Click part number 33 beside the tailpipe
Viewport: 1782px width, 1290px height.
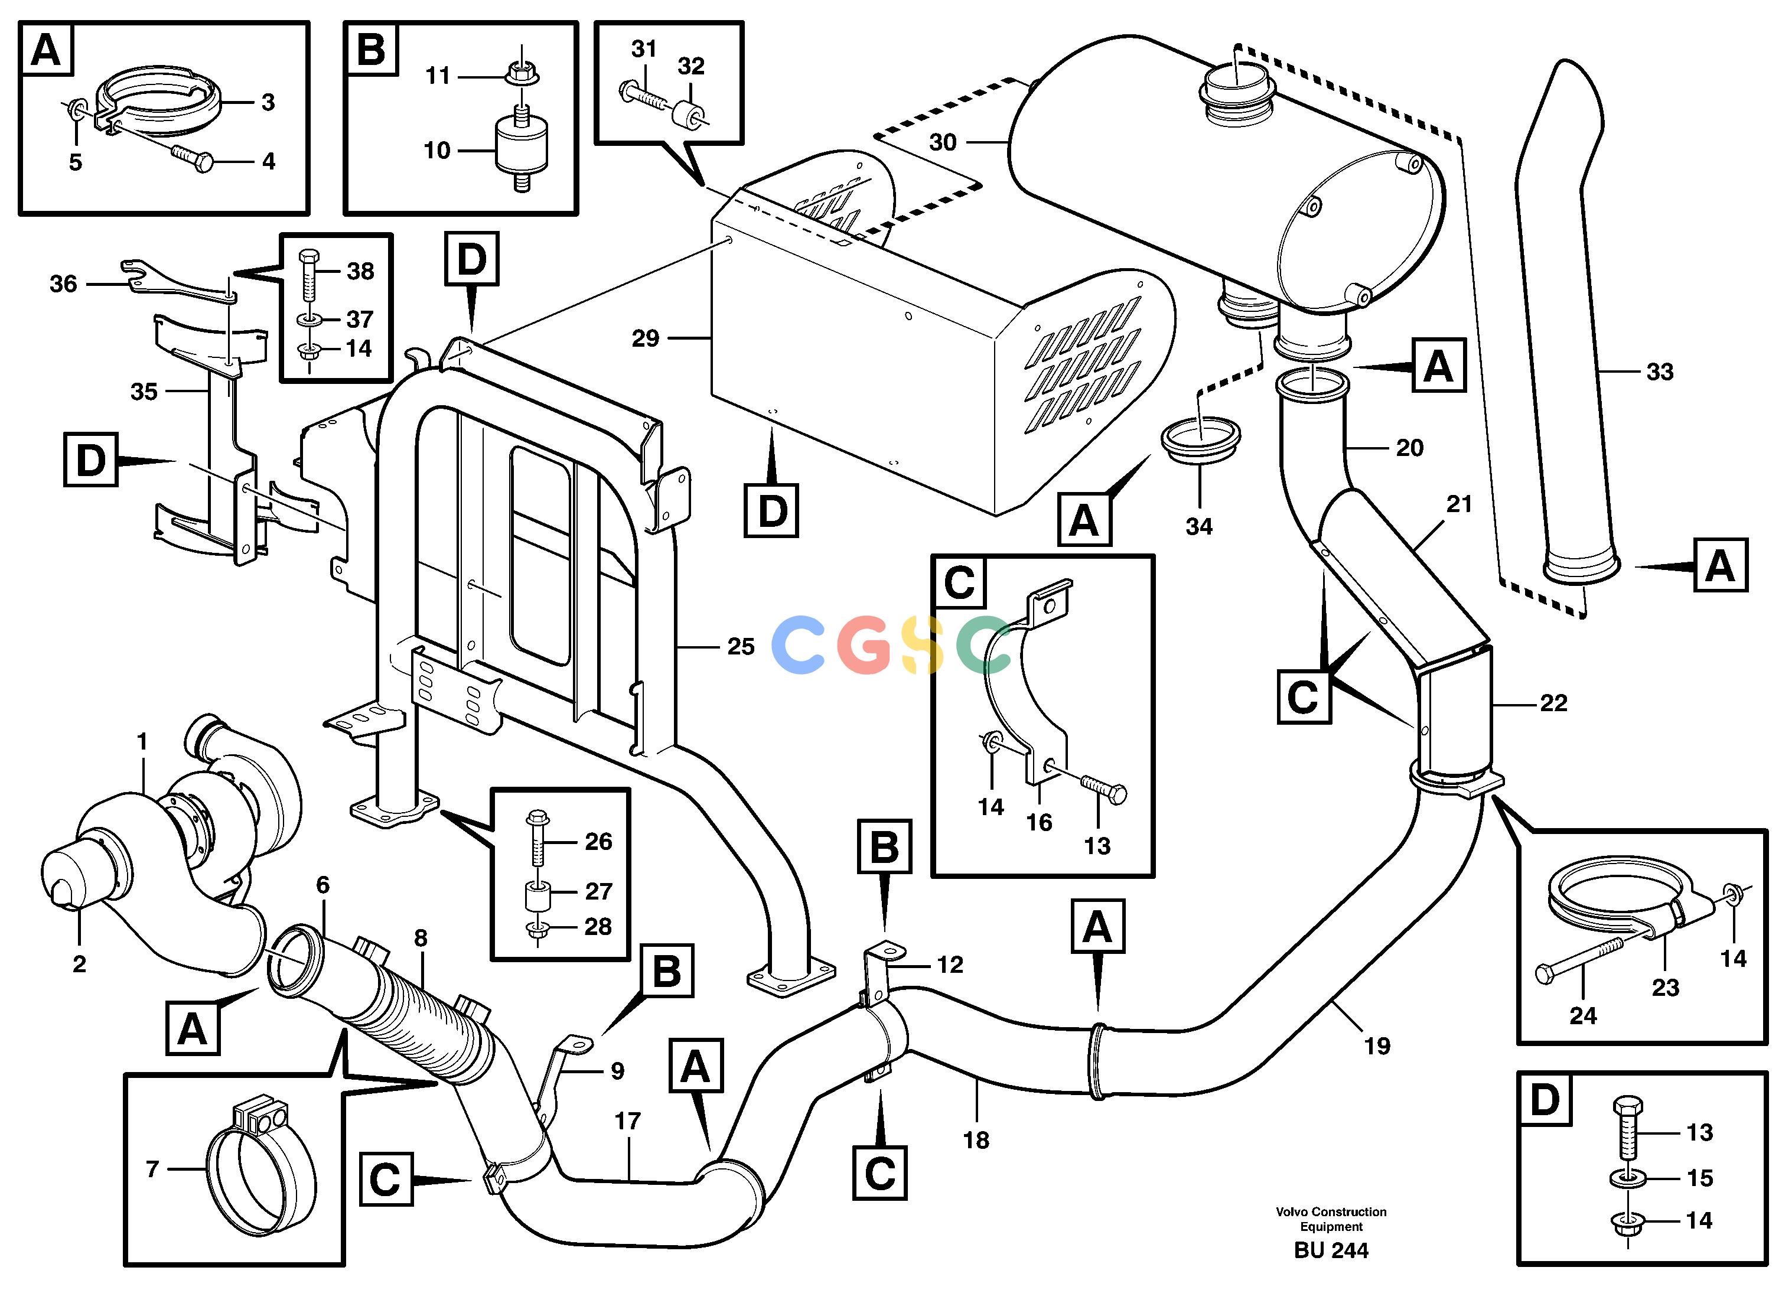(x=1659, y=372)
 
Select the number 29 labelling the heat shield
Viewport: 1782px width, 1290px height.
(x=645, y=338)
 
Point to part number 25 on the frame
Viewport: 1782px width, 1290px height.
(x=740, y=647)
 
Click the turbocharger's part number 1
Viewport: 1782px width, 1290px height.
(x=142, y=741)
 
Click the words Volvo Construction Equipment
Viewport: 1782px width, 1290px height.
(x=1331, y=1219)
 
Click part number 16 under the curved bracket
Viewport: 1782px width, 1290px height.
(x=1039, y=823)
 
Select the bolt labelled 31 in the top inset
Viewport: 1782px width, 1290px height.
(x=645, y=97)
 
